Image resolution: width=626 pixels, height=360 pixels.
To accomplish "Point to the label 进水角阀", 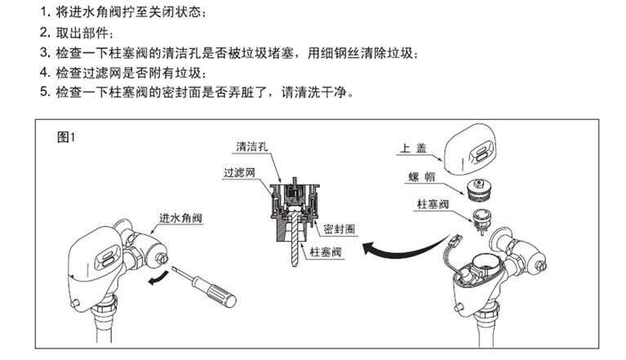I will (x=180, y=218).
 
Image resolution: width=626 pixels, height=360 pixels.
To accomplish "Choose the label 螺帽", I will (x=414, y=179).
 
